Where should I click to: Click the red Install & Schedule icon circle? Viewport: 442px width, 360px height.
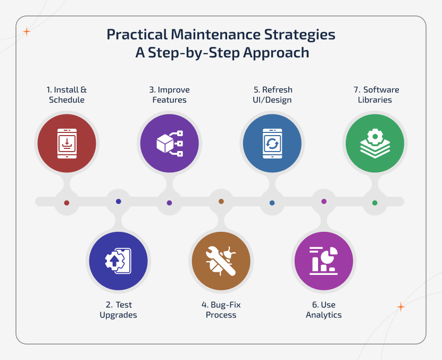pos(66,144)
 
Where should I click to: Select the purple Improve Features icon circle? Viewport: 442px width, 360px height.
pos(169,144)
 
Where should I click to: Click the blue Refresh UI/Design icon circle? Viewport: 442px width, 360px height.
pos(272,144)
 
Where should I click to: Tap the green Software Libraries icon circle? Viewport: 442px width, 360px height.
pos(374,144)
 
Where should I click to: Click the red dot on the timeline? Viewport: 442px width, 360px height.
pos(66,203)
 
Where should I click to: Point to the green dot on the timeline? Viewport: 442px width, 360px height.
pos(374,203)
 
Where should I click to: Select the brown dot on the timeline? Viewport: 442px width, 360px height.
pos(221,201)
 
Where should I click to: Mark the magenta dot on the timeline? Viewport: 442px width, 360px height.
pos(323,201)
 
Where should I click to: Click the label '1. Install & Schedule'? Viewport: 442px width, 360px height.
pos(66,95)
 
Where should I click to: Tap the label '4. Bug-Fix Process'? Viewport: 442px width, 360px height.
pos(221,309)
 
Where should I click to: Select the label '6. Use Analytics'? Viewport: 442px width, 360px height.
pos(323,309)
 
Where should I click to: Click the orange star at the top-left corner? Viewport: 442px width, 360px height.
pos(27,32)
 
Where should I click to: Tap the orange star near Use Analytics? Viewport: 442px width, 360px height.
pos(401,307)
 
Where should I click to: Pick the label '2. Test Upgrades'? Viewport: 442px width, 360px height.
pos(118,309)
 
